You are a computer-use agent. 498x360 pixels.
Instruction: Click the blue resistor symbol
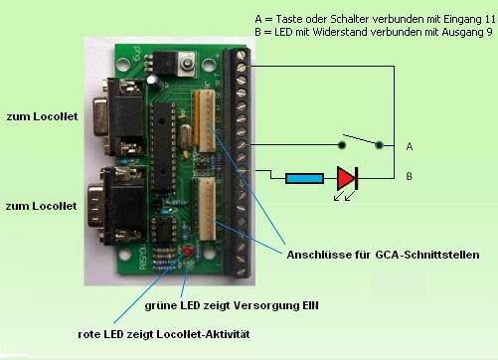click(x=302, y=179)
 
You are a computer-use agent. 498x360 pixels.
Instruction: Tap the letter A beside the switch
click(x=409, y=145)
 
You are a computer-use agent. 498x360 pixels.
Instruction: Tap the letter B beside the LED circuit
click(x=409, y=179)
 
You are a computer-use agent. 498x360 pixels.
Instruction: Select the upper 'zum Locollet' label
click(x=39, y=117)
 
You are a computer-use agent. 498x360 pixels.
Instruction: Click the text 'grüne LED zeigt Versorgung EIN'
click(x=225, y=303)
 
